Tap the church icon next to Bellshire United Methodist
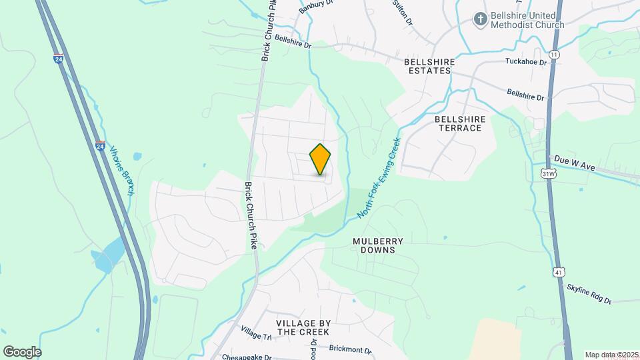pyautogui.click(x=479, y=20)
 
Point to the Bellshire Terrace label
pyautogui.click(x=458, y=123)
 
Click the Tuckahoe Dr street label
pyautogui.click(x=525, y=62)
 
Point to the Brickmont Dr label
pyautogui.click(x=350, y=349)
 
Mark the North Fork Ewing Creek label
pyautogui.click(x=379, y=178)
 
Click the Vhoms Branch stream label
pyautogui.click(x=122, y=171)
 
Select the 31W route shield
pyautogui.click(x=549, y=174)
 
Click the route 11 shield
pyautogui.click(x=554, y=53)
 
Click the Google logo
pyautogui.click(x=22, y=351)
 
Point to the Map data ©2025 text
pyautogui.click(x=611, y=355)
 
